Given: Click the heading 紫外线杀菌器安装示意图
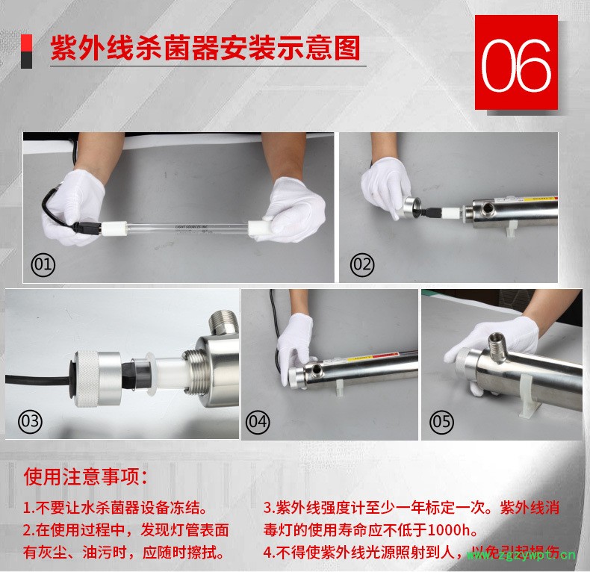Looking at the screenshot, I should click(205, 49).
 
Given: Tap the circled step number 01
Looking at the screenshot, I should click(43, 264).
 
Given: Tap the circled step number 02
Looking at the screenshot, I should click(362, 264).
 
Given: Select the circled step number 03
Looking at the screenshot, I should click(31, 421).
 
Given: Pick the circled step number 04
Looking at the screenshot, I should click(258, 421).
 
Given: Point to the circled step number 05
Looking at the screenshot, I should click(441, 421).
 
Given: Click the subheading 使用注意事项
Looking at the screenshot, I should click(85, 476).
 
